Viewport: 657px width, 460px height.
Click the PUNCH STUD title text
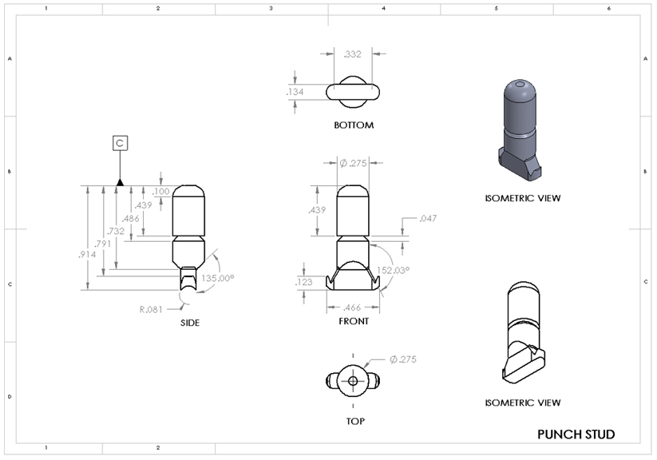point(576,434)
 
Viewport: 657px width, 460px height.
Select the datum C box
point(120,143)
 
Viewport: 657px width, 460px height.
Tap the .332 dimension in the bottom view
point(352,54)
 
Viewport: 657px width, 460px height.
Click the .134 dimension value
point(295,93)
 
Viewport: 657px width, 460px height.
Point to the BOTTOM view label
point(354,125)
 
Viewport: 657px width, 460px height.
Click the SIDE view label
point(189,323)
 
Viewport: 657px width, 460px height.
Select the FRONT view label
point(353,321)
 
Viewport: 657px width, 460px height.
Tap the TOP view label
point(353,417)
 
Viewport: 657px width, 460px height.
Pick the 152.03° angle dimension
point(394,271)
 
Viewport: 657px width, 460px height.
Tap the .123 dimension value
point(304,282)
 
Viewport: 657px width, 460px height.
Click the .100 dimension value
point(160,192)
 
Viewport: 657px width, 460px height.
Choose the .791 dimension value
point(102,244)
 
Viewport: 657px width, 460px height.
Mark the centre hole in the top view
point(353,382)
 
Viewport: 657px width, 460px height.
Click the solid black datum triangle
point(120,182)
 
